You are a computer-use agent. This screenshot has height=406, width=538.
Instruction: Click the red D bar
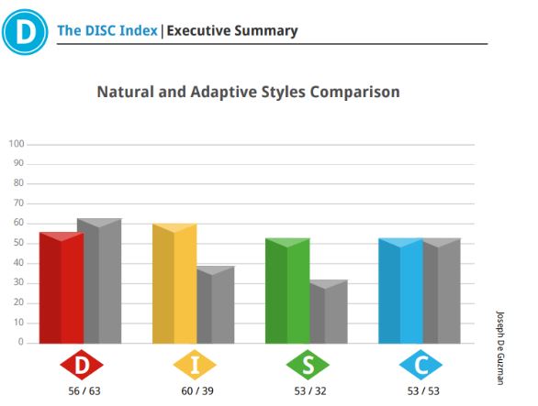pos(62,288)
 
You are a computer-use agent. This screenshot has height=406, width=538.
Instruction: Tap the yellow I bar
pos(174,283)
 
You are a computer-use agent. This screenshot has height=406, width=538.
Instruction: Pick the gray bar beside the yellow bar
pos(216,304)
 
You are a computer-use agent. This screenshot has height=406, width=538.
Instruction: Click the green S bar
pos(287,291)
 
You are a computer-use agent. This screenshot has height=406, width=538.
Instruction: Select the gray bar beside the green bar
pos(329,312)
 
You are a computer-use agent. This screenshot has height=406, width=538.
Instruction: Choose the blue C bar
pos(401,291)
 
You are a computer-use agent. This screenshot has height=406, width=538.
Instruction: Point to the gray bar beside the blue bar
pos(442,291)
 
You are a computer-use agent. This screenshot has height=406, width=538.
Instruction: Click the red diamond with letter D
pos(82,365)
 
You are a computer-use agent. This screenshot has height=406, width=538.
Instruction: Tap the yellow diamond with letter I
pos(195,365)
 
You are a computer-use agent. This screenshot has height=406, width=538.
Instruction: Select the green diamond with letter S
pos(308,365)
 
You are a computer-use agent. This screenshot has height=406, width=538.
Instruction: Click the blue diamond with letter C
pos(421,365)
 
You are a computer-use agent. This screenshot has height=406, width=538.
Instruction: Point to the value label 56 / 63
pos(84,391)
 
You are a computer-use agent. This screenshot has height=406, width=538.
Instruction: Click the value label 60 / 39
pos(197,391)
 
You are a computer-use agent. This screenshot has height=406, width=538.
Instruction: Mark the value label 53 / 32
pos(310,391)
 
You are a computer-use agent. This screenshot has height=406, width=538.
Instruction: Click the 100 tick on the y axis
pos(17,144)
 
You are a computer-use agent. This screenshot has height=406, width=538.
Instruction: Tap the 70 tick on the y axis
pos(18,203)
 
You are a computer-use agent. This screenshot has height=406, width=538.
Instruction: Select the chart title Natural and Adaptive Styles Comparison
pos(249,92)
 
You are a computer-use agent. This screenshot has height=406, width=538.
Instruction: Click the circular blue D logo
pos(25,32)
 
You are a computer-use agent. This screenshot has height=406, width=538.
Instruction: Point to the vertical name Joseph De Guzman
pos(500,347)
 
